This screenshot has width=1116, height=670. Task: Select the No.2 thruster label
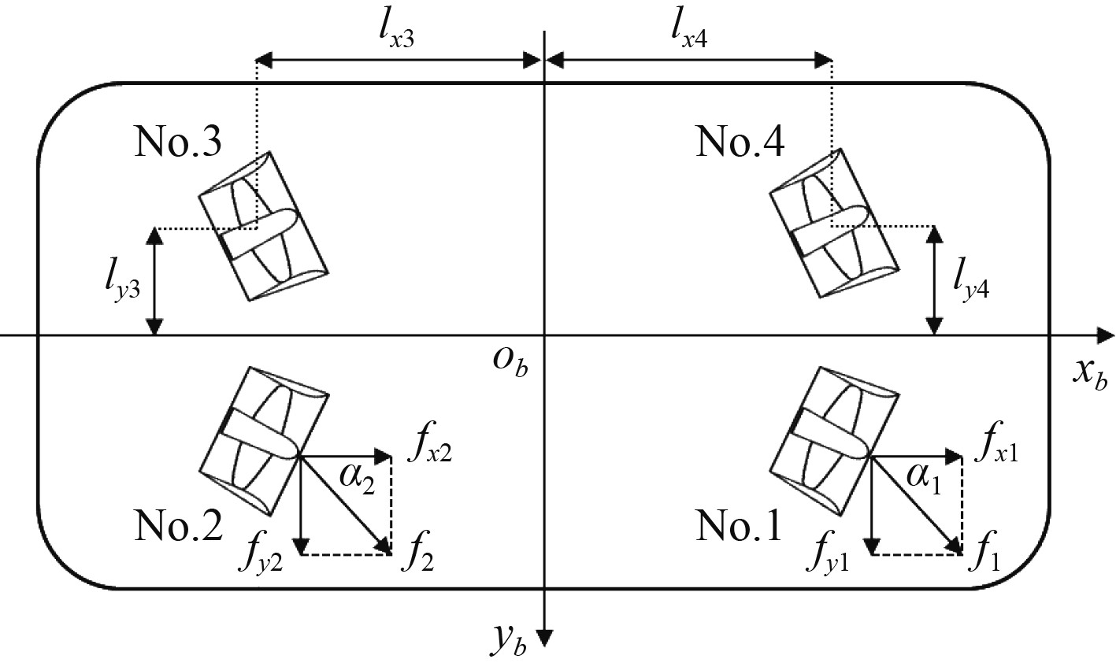pos(179,525)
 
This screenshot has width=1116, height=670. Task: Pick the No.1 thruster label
pos(740,525)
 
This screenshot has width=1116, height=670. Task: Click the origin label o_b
pos(508,364)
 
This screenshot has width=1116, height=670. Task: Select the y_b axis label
pos(512,642)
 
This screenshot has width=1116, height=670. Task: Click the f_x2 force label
pos(428,451)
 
